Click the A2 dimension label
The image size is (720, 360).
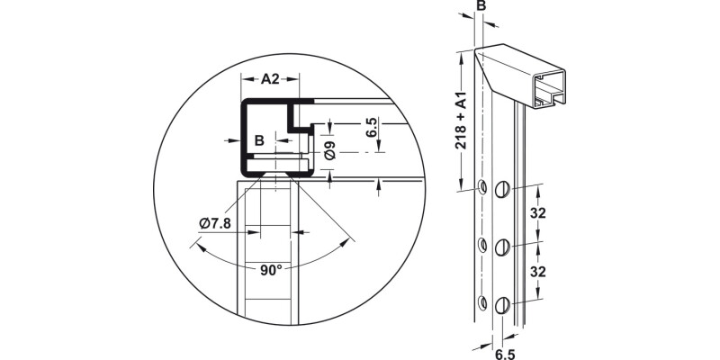[x=269, y=79]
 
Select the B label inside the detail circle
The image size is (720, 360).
[x=258, y=140]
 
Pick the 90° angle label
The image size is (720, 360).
[x=272, y=268]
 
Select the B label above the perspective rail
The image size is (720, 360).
[x=481, y=7]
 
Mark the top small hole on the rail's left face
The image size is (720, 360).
[x=482, y=187]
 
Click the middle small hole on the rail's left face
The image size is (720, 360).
[x=482, y=244]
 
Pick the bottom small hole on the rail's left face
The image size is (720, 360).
[x=482, y=303]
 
